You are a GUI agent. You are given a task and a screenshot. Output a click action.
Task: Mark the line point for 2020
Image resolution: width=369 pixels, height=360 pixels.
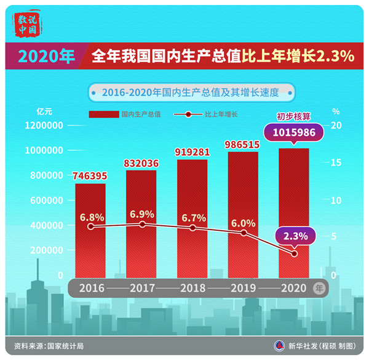pyautogui.click(x=294, y=254)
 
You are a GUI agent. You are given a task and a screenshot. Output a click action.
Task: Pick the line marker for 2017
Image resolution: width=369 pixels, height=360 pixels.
pyautogui.click(x=142, y=224)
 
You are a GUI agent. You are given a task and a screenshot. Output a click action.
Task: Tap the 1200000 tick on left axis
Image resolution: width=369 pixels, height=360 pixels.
pyautogui.click(x=44, y=125)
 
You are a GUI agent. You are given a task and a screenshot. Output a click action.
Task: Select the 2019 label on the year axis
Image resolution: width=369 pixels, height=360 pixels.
pyautogui.click(x=243, y=287)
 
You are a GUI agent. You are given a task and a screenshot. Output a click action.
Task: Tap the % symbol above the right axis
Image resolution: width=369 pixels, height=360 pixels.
pyautogui.click(x=336, y=112)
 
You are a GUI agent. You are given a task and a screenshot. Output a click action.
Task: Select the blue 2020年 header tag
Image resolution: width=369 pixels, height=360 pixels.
pyautogui.click(x=46, y=57)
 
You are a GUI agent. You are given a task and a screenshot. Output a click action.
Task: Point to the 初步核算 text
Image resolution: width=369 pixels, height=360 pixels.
pyautogui.click(x=293, y=115)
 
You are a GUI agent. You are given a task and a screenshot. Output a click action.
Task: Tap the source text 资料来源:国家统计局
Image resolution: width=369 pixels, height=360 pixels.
pyautogui.click(x=49, y=346)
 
